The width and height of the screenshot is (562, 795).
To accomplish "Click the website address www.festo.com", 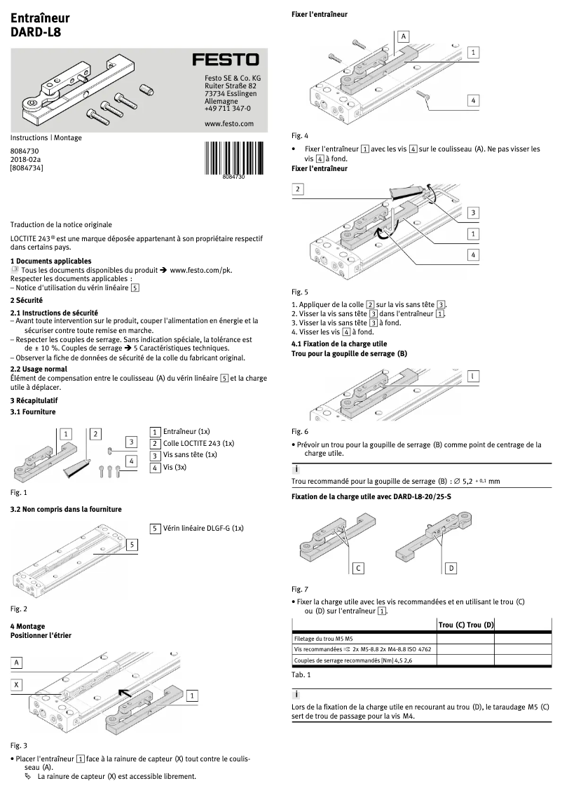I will tap(228, 123).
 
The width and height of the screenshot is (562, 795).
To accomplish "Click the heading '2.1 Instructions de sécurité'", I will tap(54, 313).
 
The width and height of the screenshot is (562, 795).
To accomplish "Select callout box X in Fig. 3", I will tap(17, 684).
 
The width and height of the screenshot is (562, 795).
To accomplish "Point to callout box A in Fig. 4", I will tap(404, 35).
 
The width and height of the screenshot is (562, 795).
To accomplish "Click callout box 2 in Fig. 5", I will tap(299, 189).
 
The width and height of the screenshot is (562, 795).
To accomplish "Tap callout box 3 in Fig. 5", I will tap(474, 213).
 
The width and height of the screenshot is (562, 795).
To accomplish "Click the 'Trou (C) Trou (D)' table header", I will tap(466, 625).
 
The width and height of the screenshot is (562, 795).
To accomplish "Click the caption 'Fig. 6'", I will tap(299, 431).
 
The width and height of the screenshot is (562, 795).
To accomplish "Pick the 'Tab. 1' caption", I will tap(301, 674).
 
